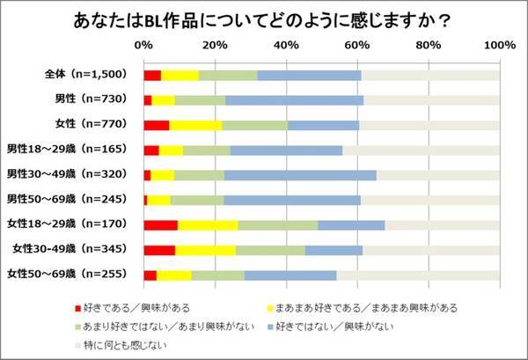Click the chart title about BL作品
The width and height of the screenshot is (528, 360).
coord(263,19)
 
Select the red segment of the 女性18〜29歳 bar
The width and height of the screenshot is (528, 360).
coord(160,225)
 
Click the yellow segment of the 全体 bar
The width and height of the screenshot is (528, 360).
coord(180,75)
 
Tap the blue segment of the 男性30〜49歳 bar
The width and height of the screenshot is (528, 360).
coord(300,175)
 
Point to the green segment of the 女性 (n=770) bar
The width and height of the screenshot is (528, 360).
coord(254,125)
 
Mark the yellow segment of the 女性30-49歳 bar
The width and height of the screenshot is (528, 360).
coord(205,251)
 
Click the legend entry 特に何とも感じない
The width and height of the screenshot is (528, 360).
coord(119,343)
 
